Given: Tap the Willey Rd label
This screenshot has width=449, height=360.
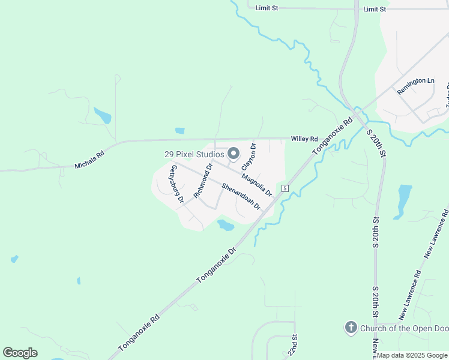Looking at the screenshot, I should point(304,139).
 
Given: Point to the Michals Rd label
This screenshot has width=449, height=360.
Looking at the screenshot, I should point(89,160).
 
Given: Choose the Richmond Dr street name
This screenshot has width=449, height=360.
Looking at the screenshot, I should point(203,180).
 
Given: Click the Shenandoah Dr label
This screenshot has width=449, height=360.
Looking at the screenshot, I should point(241,196).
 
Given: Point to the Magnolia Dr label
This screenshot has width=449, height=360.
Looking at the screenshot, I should point(257,185).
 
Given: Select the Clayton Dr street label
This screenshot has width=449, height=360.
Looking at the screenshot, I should point(249,155).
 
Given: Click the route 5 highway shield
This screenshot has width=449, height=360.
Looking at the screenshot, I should point(285,188).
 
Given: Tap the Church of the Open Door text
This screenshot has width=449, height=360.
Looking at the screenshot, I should point(405,328).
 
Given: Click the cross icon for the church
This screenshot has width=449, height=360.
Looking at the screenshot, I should point(351,328).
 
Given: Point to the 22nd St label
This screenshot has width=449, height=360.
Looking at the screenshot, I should point(294,345).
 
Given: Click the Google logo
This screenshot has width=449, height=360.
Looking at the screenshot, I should point(20,353).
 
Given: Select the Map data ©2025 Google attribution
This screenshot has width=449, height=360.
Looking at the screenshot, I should point(412,355).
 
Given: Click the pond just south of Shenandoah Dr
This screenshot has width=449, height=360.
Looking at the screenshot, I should point(225,225).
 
